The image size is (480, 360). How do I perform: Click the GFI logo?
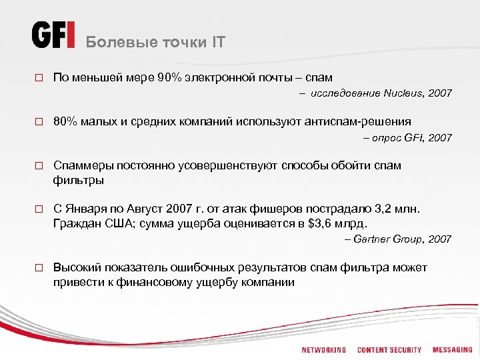(53, 35)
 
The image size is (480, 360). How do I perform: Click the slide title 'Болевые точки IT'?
(156, 43)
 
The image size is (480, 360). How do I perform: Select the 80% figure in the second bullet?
(65, 121)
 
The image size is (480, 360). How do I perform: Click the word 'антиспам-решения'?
(356, 121)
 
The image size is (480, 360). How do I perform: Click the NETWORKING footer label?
(323, 350)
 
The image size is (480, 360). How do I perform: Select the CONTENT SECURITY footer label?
(389, 350)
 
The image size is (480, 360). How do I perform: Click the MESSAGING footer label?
(452, 350)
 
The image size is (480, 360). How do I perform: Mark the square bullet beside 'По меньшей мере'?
(39, 79)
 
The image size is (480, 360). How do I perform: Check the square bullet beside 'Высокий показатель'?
(39, 268)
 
